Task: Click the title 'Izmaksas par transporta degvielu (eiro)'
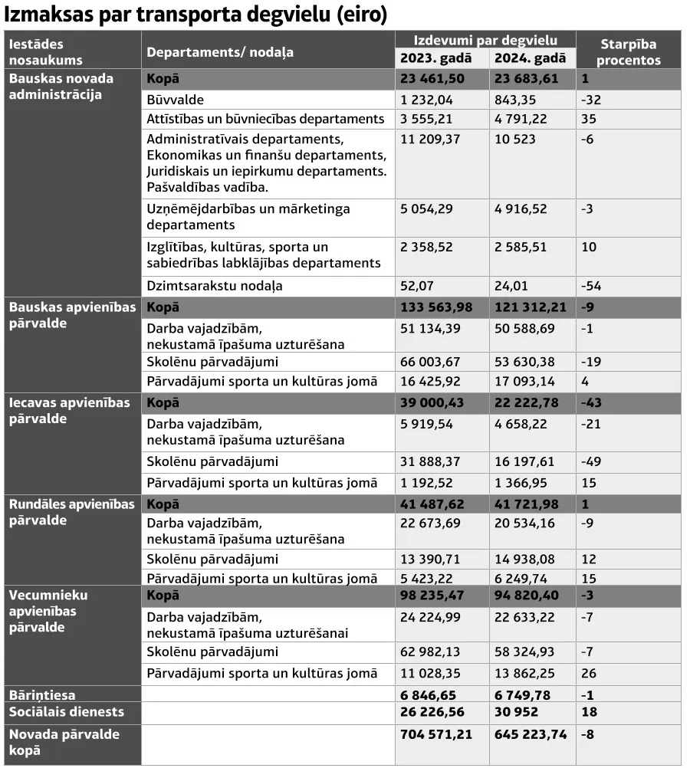pos(195,15)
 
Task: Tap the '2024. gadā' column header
pos(530,59)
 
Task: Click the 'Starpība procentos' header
pos(628,52)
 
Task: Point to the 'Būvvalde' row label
pos(175,100)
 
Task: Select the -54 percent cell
pos(591,286)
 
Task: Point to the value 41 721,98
pos(527,504)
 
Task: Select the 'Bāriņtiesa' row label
pos(42,695)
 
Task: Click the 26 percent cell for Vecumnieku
pos(589,673)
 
